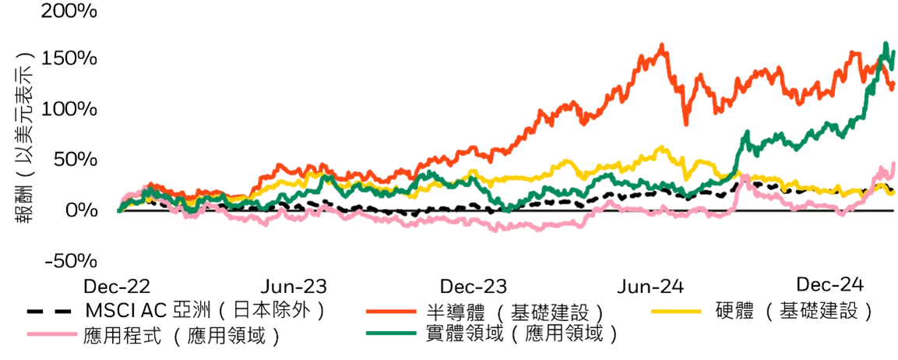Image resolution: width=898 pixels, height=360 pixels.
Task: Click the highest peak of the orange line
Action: coord(662,44)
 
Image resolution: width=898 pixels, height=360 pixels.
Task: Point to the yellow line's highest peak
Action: coord(663,146)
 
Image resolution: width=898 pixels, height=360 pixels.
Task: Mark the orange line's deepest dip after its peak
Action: coord(686,123)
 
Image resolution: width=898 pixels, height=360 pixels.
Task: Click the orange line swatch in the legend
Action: coord(391,311)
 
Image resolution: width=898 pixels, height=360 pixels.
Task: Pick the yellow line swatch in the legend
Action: coord(675,311)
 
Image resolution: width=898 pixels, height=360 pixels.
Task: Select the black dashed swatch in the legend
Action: coord(52,311)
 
